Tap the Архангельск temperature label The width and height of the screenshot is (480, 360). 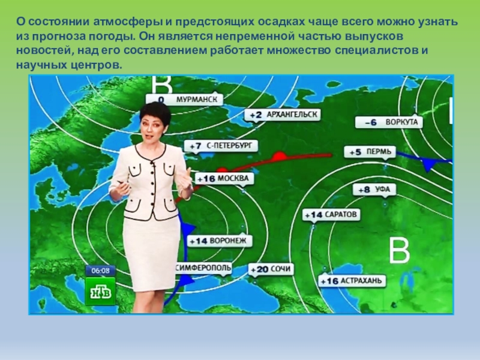click(x=284, y=114)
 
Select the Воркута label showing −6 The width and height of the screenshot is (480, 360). click(x=389, y=122)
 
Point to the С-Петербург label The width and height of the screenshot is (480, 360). click(x=223, y=146)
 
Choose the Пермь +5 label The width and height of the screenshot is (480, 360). click(x=370, y=152)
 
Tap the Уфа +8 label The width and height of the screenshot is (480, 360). click(x=374, y=190)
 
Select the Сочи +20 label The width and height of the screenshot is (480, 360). click(x=271, y=269)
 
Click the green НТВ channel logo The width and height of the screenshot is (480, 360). click(x=100, y=292)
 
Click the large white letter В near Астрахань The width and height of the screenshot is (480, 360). click(x=399, y=252)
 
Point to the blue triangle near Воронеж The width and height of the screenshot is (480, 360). click(x=188, y=229)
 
